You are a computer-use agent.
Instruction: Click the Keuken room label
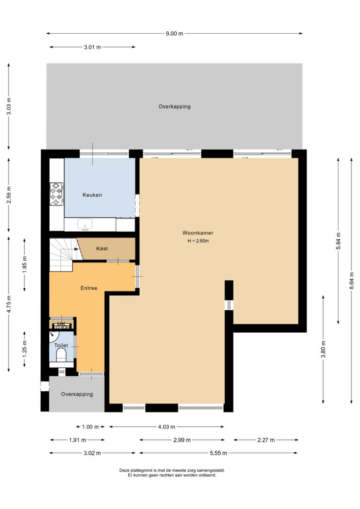[92, 195]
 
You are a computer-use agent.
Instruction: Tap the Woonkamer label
[198, 233]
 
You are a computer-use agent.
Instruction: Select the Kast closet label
[102, 248]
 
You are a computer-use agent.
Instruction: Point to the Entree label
[89, 288]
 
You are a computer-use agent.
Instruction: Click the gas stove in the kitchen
[56, 194]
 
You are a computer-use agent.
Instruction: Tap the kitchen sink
[85, 225]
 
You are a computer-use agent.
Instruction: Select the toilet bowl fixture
[61, 357]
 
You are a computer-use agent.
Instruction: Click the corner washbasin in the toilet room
[53, 337]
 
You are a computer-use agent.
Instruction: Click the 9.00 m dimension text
[174, 33]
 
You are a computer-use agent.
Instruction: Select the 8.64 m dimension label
[352, 281]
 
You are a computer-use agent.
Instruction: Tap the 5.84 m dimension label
[338, 241]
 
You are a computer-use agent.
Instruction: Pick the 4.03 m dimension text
[166, 427]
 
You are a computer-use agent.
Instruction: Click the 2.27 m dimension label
[266, 440]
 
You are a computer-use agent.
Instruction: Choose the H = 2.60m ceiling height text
[198, 241]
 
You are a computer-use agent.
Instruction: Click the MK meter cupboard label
[61, 324]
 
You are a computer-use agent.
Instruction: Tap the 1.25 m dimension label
[24, 349]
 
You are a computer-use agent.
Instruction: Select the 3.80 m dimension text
[323, 349]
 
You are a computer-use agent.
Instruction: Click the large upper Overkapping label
[174, 106]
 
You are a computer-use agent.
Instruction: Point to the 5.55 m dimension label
[218, 453]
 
